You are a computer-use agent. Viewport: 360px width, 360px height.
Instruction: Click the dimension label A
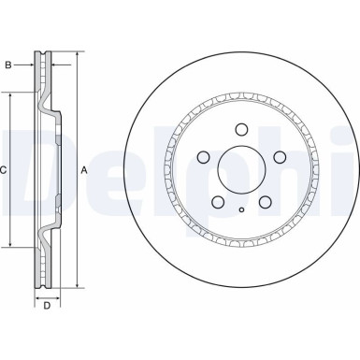point(83,170)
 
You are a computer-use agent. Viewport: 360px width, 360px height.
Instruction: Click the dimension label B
point(7,65)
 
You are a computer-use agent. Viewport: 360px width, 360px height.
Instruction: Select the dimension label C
point(5,170)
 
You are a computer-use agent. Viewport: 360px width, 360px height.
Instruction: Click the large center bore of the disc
point(242,169)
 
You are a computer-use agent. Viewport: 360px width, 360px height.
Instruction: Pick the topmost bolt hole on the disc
point(241,130)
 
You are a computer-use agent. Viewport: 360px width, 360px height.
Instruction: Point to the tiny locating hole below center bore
point(241,209)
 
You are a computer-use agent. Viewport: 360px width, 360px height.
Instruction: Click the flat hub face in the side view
point(58,170)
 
